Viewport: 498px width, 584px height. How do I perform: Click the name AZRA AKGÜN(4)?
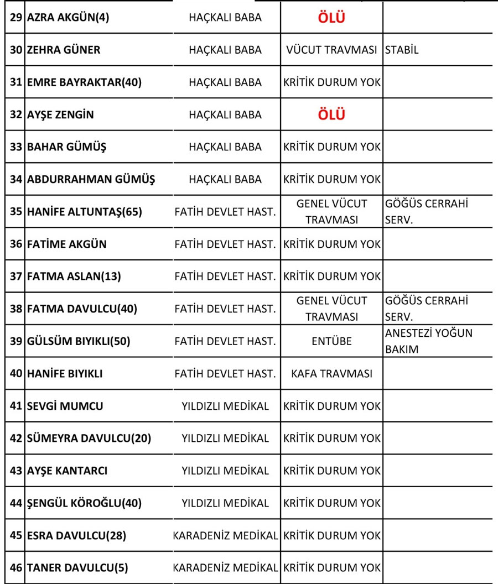[68, 17]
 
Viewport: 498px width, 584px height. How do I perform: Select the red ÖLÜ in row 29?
[331, 18]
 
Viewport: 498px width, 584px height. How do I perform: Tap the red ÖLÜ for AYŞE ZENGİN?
[331, 115]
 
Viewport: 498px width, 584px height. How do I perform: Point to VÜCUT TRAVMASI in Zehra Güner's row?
[331, 50]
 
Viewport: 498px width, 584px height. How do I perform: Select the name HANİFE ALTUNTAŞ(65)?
[84, 212]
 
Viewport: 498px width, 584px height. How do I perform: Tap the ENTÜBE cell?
[331, 341]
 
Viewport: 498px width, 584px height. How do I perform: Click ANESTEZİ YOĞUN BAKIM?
[429, 341]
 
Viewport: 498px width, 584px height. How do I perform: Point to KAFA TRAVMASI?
[331, 374]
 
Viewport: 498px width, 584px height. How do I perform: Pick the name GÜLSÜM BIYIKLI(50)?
[78, 341]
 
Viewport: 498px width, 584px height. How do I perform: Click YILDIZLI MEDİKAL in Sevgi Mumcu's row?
[225, 406]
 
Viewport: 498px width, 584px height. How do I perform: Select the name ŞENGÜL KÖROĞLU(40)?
[84, 503]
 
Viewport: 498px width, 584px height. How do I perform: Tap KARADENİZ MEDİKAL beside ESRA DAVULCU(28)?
[225, 536]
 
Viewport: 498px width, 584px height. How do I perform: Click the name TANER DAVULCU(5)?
[77, 568]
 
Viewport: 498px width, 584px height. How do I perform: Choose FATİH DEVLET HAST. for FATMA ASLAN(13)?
[225, 276]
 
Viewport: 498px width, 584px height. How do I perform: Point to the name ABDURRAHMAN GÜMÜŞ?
[91, 180]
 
